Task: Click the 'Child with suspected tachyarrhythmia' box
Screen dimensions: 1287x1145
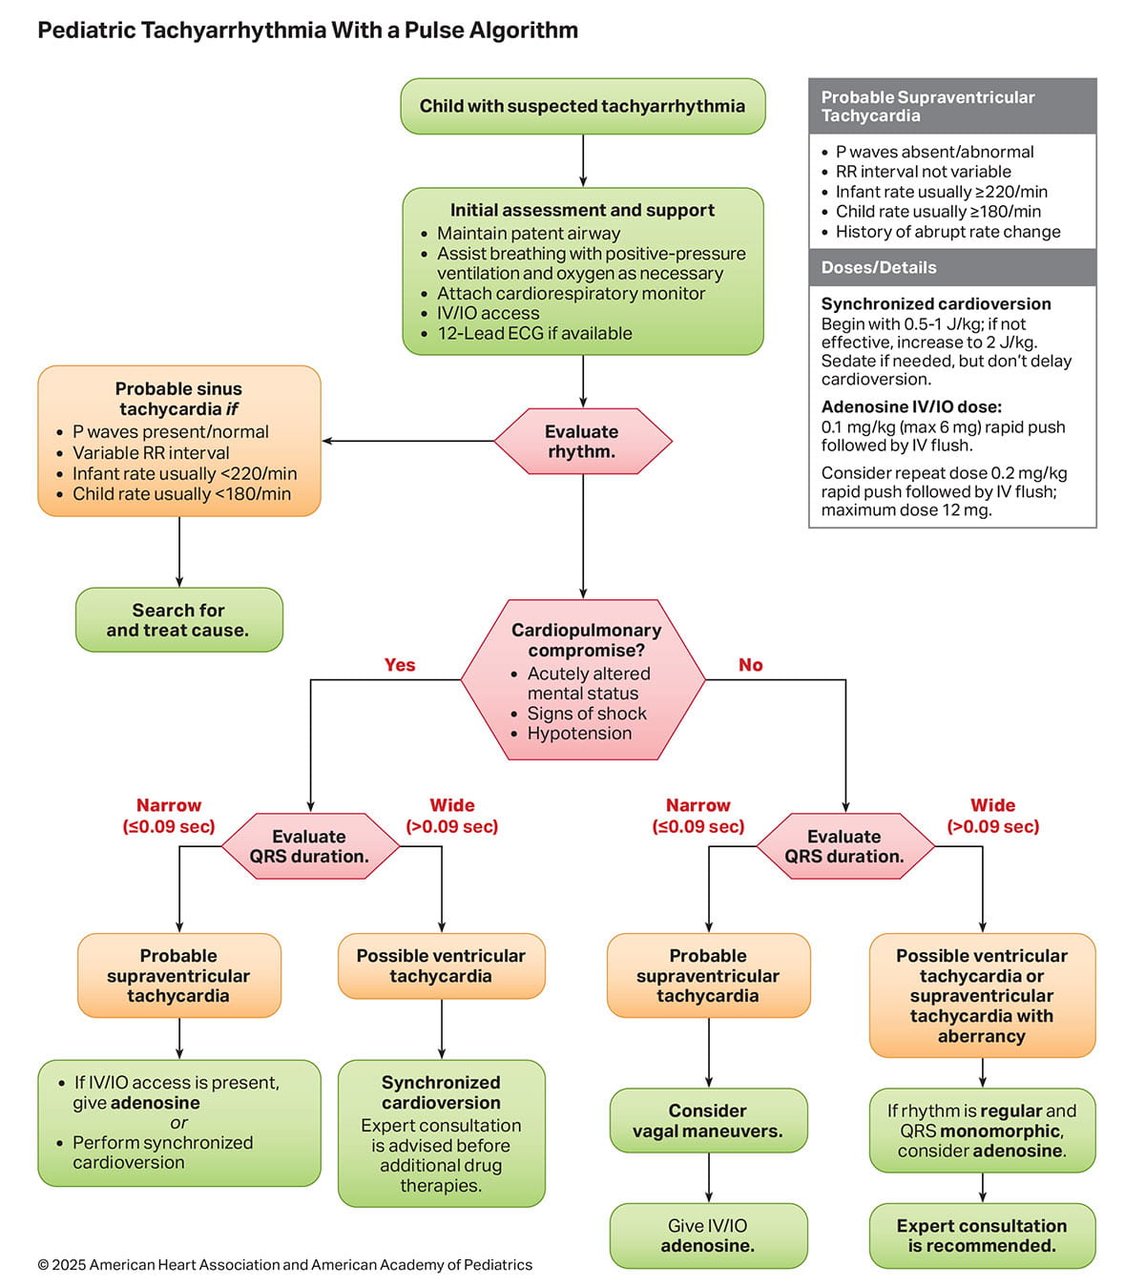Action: (x=582, y=106)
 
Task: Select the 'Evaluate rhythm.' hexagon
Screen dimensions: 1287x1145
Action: (x=582, y=441)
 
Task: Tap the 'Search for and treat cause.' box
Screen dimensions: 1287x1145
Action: (x=178, y=620)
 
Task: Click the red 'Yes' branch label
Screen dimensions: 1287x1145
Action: (x=399, y=665)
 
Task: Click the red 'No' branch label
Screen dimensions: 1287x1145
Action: (x=750, y=665)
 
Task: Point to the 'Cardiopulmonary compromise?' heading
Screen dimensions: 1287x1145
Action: (x=586, y=639)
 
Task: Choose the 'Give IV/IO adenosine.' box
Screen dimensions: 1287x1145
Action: (x=708, y=1235)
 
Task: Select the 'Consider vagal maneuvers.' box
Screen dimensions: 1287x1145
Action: (x=708, y=1121)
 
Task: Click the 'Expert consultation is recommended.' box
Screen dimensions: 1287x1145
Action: (x=982, y=1235)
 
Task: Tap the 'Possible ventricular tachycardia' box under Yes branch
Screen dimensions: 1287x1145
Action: (x=441, y=965)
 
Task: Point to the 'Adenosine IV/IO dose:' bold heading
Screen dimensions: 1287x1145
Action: (x=911, y=406)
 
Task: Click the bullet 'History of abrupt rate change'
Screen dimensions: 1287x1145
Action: (x=947, y=232)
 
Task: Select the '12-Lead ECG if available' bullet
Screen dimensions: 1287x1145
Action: (x=534, y=333)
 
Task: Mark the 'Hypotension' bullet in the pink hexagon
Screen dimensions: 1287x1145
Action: (x=579, y=733)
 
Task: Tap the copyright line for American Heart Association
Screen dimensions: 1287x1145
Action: (x=284, y=1264)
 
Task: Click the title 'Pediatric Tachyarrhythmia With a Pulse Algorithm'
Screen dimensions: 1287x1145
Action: (x=307, y=30)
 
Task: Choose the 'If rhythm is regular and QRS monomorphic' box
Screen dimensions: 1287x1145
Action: (x=982, y=1131)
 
